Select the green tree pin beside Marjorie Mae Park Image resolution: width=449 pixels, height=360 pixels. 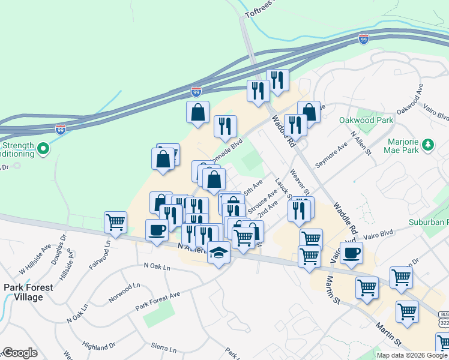[x=428, y=144]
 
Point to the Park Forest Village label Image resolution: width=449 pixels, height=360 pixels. [x=28, y=292]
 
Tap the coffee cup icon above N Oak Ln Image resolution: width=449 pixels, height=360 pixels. [x=157, y=230]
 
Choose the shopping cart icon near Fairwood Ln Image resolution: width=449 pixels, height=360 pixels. [x=115, y=222]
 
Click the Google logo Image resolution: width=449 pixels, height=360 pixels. [x=20, y=353]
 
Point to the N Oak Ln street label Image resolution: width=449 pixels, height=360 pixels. [x=157, y=265]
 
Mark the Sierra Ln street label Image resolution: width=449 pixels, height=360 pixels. [x=164, y=348]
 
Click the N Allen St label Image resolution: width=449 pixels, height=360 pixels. [x=360, y=144]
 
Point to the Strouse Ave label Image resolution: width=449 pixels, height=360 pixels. [x=262, y=200]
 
